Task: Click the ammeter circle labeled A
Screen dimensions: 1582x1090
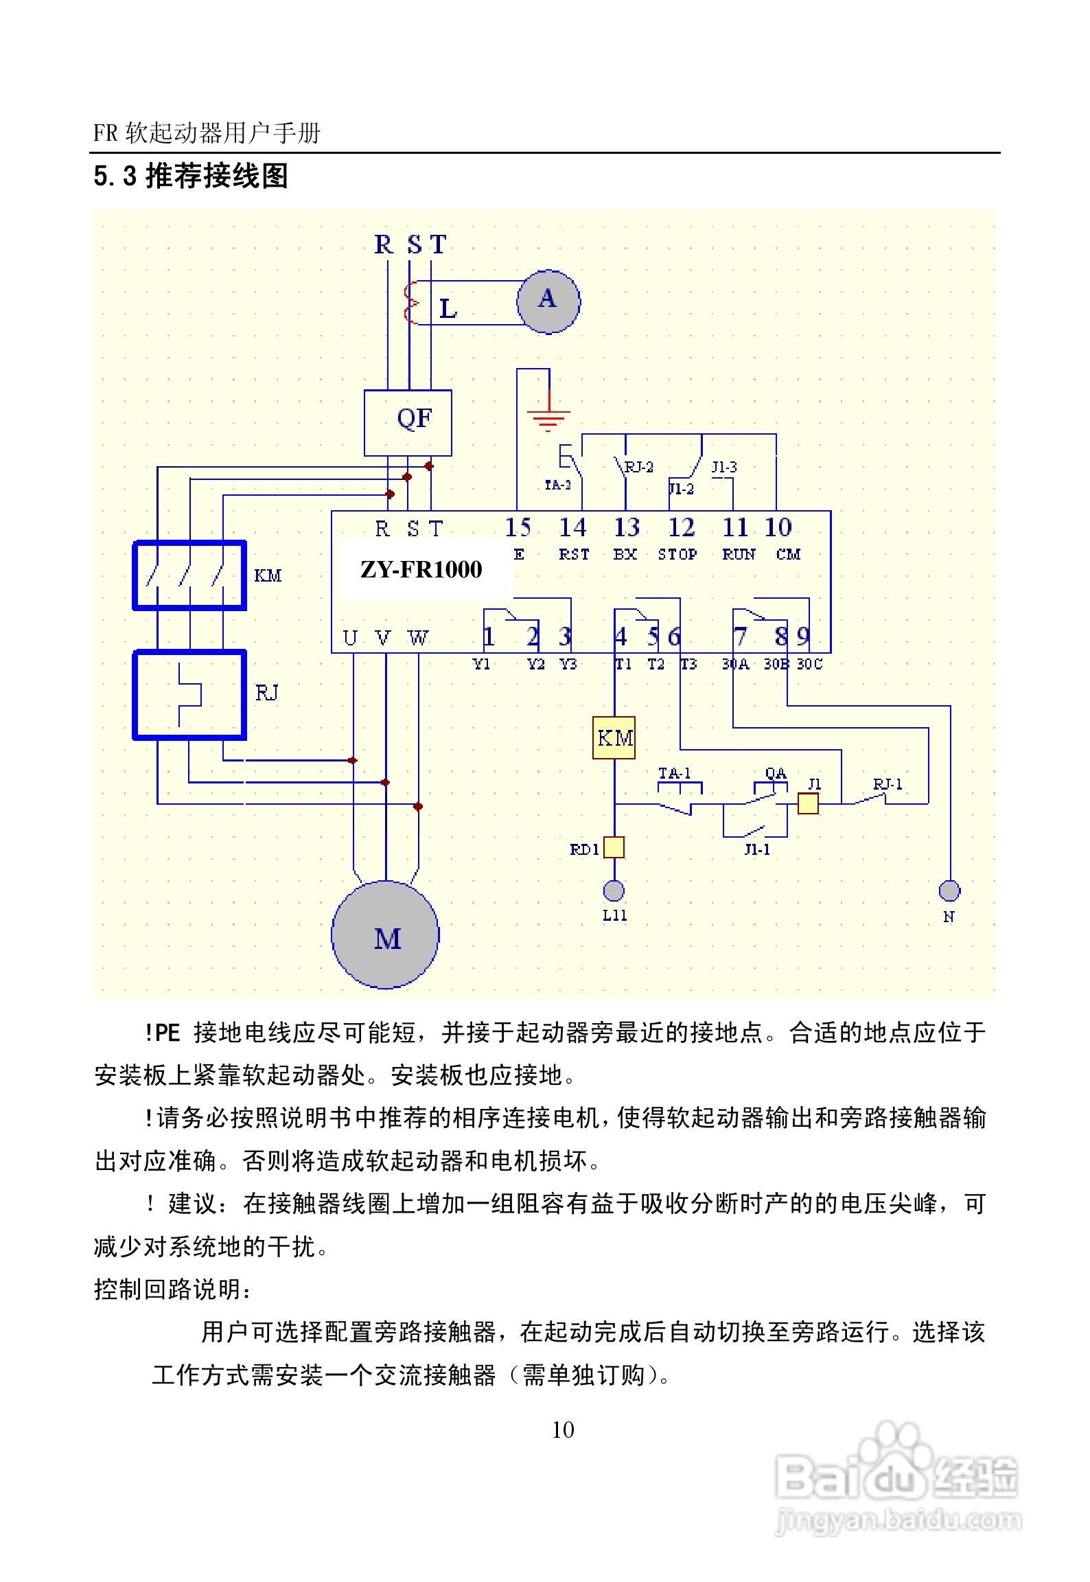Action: (x=548, y=301)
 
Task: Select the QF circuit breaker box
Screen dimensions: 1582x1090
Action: (x=408, y=422)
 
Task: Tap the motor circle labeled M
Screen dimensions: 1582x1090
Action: (x=385, y=935)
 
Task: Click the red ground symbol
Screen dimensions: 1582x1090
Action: (x=548, y=417)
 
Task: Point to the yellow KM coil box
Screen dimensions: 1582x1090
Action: (x=614, y=738)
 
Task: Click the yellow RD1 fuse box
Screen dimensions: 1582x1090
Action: (x=614, y=847)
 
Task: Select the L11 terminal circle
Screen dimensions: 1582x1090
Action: (x=614, y=891)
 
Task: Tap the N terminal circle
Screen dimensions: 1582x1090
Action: (x=949, y=891)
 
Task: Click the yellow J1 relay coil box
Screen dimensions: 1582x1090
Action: (x=808, y=803)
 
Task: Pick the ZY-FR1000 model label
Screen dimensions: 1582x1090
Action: (x=421, y=569)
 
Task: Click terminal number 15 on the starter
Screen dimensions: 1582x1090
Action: (x=518, y=527)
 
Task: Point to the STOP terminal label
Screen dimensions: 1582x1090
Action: (x=677, y=554)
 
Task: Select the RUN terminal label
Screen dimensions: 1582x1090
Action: (x=739, y=554)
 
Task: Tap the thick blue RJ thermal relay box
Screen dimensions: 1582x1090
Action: (x=189, y=694)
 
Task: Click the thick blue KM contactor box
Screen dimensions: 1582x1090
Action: (x=189, y=575)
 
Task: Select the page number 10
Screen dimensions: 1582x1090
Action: (x=562, y=1430)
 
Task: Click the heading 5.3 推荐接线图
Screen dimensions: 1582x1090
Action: (x=191, y=176)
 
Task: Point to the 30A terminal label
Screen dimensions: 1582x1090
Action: (x=735, y=664)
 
